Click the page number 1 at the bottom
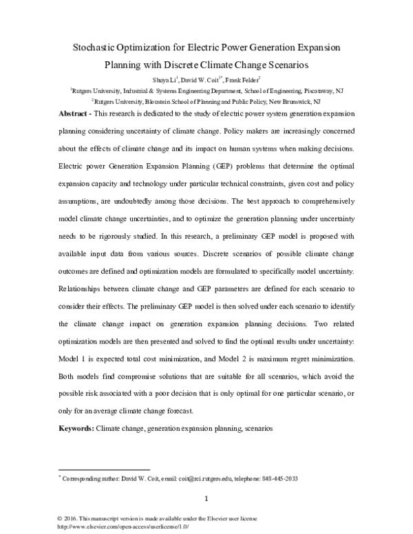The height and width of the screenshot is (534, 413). click(x=206, y=499)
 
